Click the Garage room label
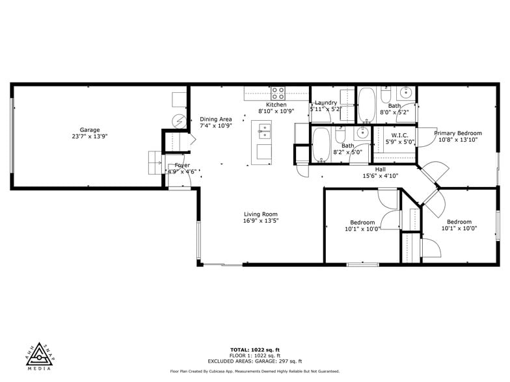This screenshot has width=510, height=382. tap(90, 129)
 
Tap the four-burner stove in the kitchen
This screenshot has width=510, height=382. tap(278, 92)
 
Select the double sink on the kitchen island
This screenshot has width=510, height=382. tap(264, 134)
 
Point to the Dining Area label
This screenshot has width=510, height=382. tap(215, 119)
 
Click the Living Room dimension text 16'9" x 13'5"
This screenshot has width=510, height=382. tap(261, 221)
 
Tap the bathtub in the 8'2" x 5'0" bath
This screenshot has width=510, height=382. tap(321, 145)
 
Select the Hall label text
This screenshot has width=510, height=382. tap(380, 169)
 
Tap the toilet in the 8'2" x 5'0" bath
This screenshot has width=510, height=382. tap(340, 138)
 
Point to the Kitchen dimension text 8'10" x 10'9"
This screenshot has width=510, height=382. tap(276, 111)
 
